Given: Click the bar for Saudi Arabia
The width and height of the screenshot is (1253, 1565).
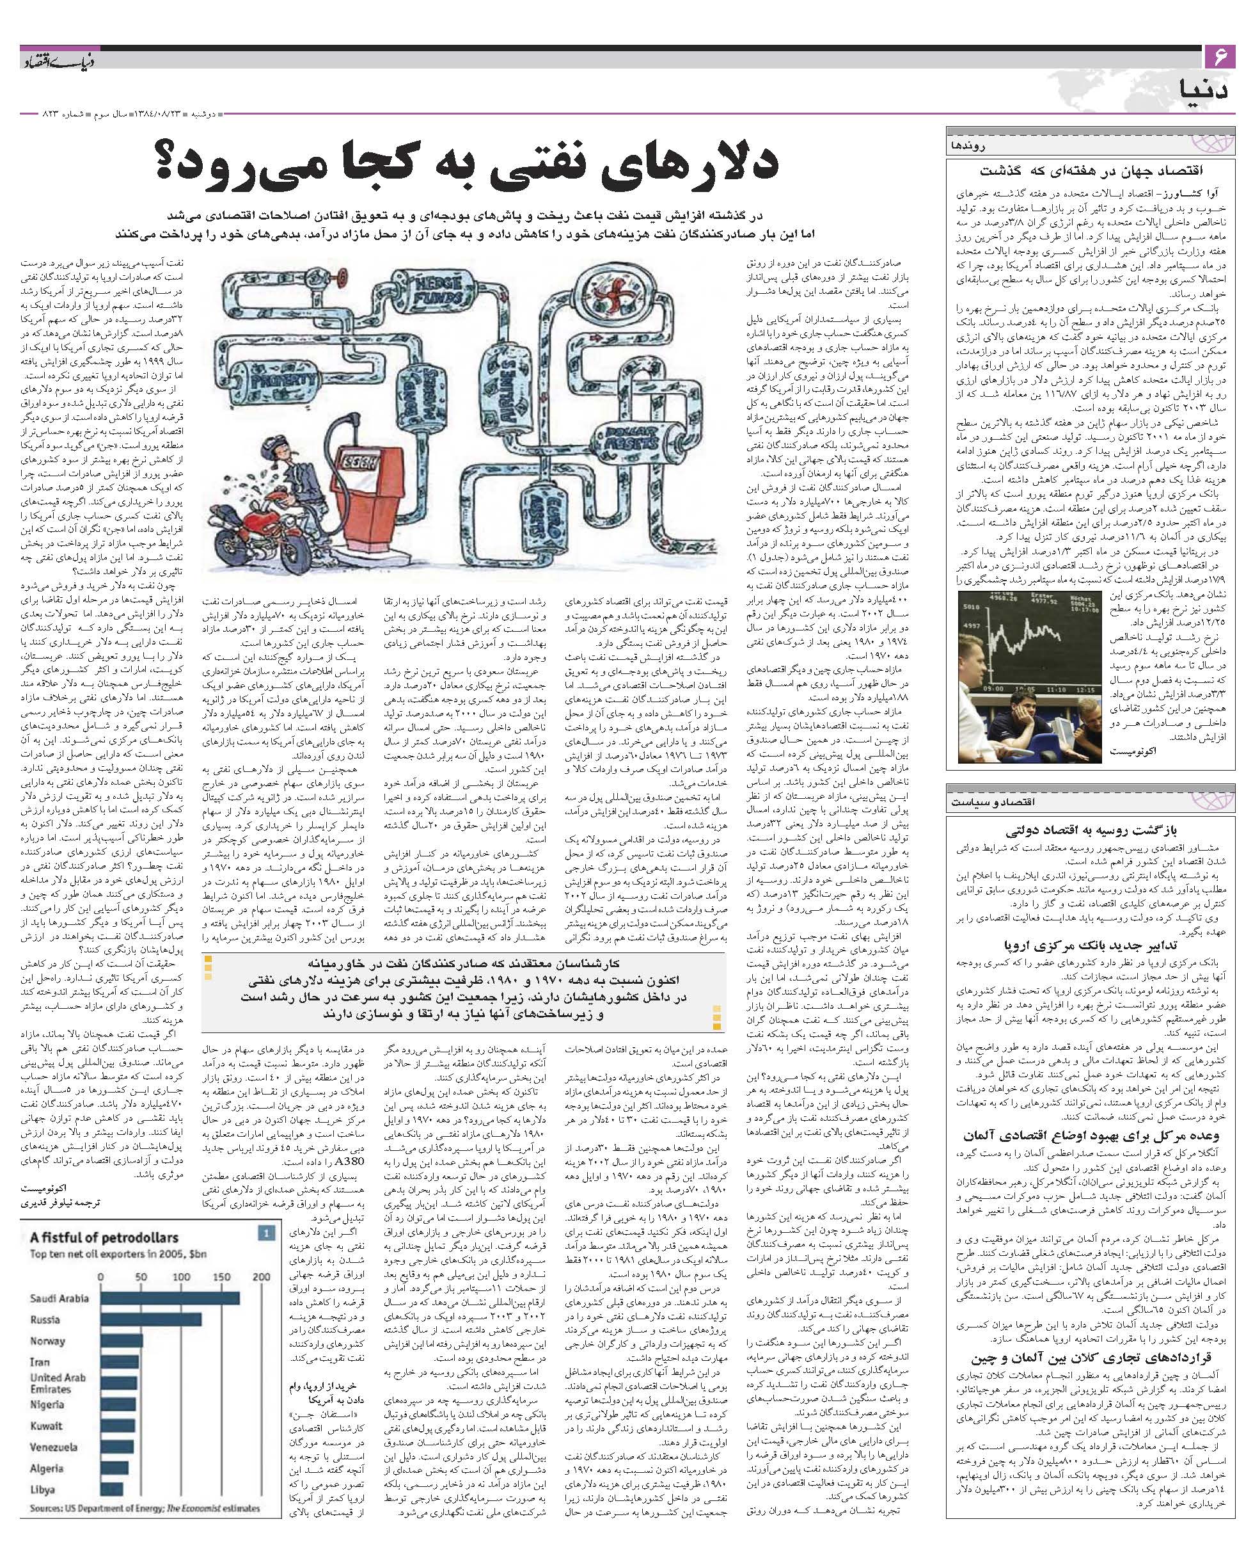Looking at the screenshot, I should pyautogui.click(x=169, y=1299).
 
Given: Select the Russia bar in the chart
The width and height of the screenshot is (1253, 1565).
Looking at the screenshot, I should pyautogui.click(x=151, y=1320).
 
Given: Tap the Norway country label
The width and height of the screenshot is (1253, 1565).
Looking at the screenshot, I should pyautogui.click(x=47, y=1341).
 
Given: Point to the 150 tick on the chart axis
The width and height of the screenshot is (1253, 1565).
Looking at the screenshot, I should pyautogui.click(x=222, y=1277).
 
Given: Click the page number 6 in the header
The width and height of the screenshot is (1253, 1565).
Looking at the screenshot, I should pyautogui.click(x=1218, y=56).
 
